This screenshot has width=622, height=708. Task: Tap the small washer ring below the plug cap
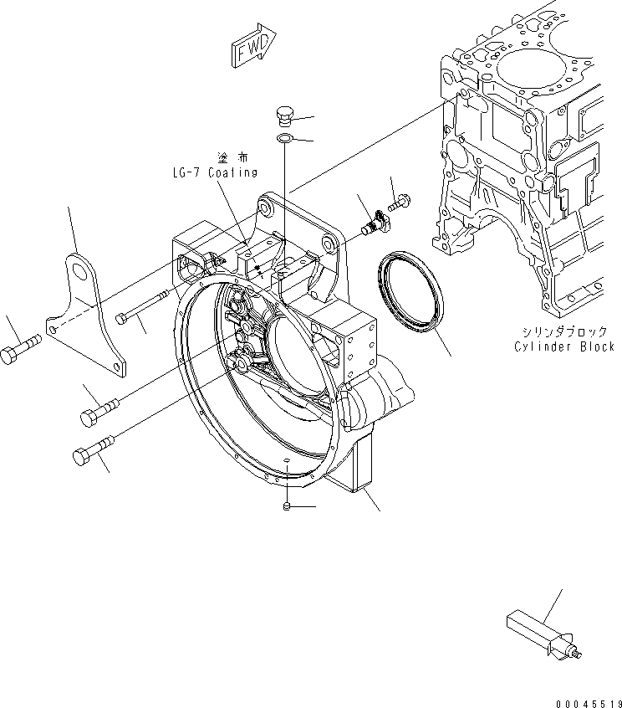pos(284,138)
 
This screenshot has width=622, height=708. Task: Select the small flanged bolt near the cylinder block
pos(398,202)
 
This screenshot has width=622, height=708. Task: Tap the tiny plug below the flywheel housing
pos(287,507)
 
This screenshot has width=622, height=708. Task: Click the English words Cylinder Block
pos(566,346)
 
